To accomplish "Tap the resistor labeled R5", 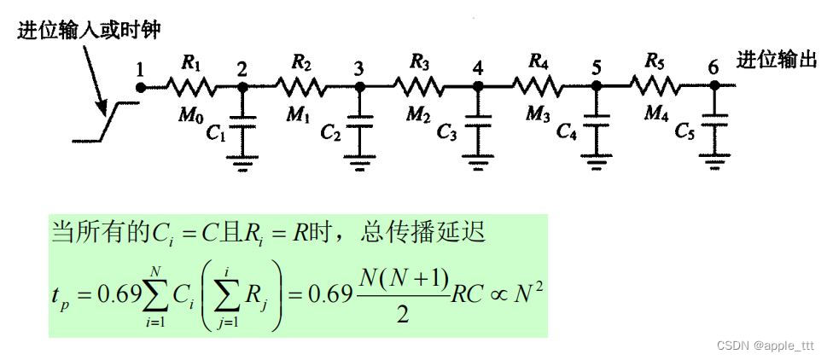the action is (x=655, y=87).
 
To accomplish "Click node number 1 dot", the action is (x=142, y=87).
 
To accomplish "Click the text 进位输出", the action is (x=776, y=61).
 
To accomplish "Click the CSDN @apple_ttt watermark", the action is (x=765, y=345).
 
